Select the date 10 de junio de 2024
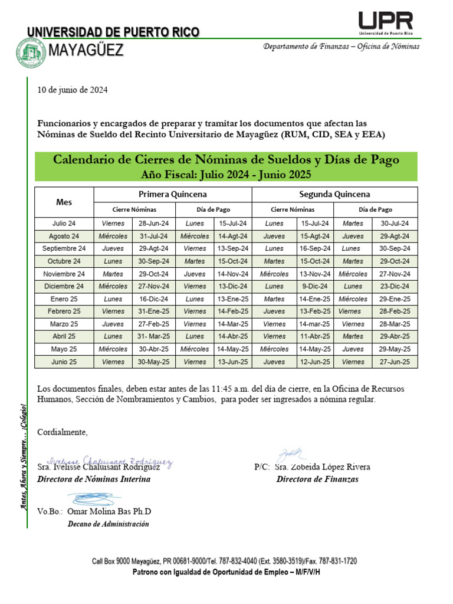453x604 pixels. (x=73, y=90)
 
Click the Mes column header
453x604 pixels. (x=64, y=202)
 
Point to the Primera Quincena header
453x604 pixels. (x=173, y=194)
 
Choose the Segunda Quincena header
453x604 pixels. (x=334, y=194)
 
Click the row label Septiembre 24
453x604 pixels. (x=64, y=248)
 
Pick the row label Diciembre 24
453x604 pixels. (x=64, y=286)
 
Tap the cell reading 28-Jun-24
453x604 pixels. (x=153, y=224)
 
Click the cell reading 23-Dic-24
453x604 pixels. (x=395, y=286)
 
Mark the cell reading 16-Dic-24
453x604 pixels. (x=153, y=299)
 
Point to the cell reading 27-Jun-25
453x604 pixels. (x=395, y=362)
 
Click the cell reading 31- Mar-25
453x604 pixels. (x=153, y=337)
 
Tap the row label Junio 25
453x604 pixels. (x=64, y=362)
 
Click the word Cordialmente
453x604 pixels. (x=62, y=432)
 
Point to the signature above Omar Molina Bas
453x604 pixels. (x=94, y=499)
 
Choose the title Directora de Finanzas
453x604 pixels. (x=317, y=479)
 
